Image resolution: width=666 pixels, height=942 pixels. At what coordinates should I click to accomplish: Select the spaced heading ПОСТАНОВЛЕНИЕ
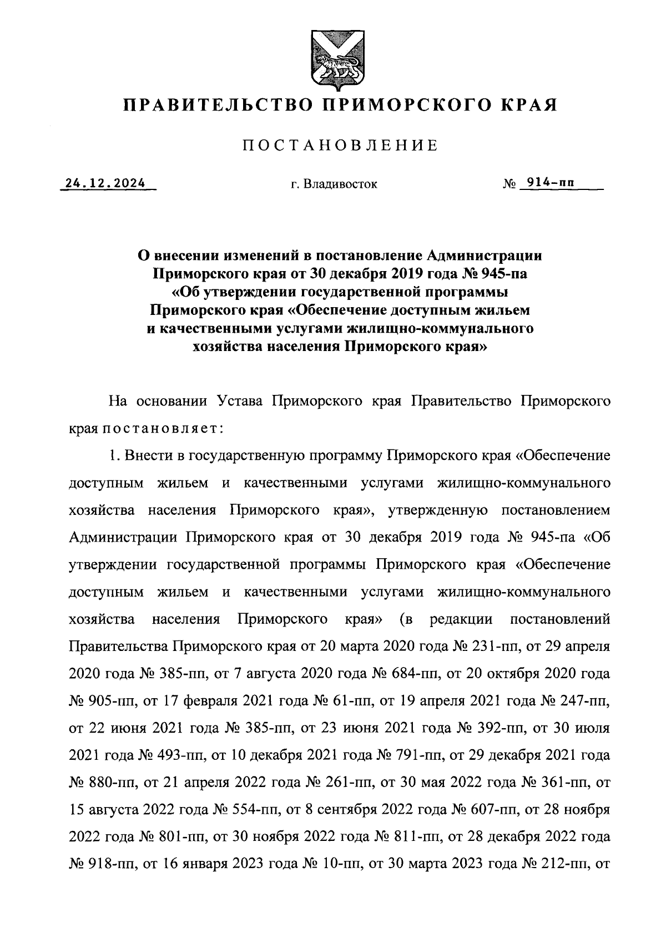[340, 146]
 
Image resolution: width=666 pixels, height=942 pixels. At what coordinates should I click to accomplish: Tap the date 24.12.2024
[105, 183]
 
